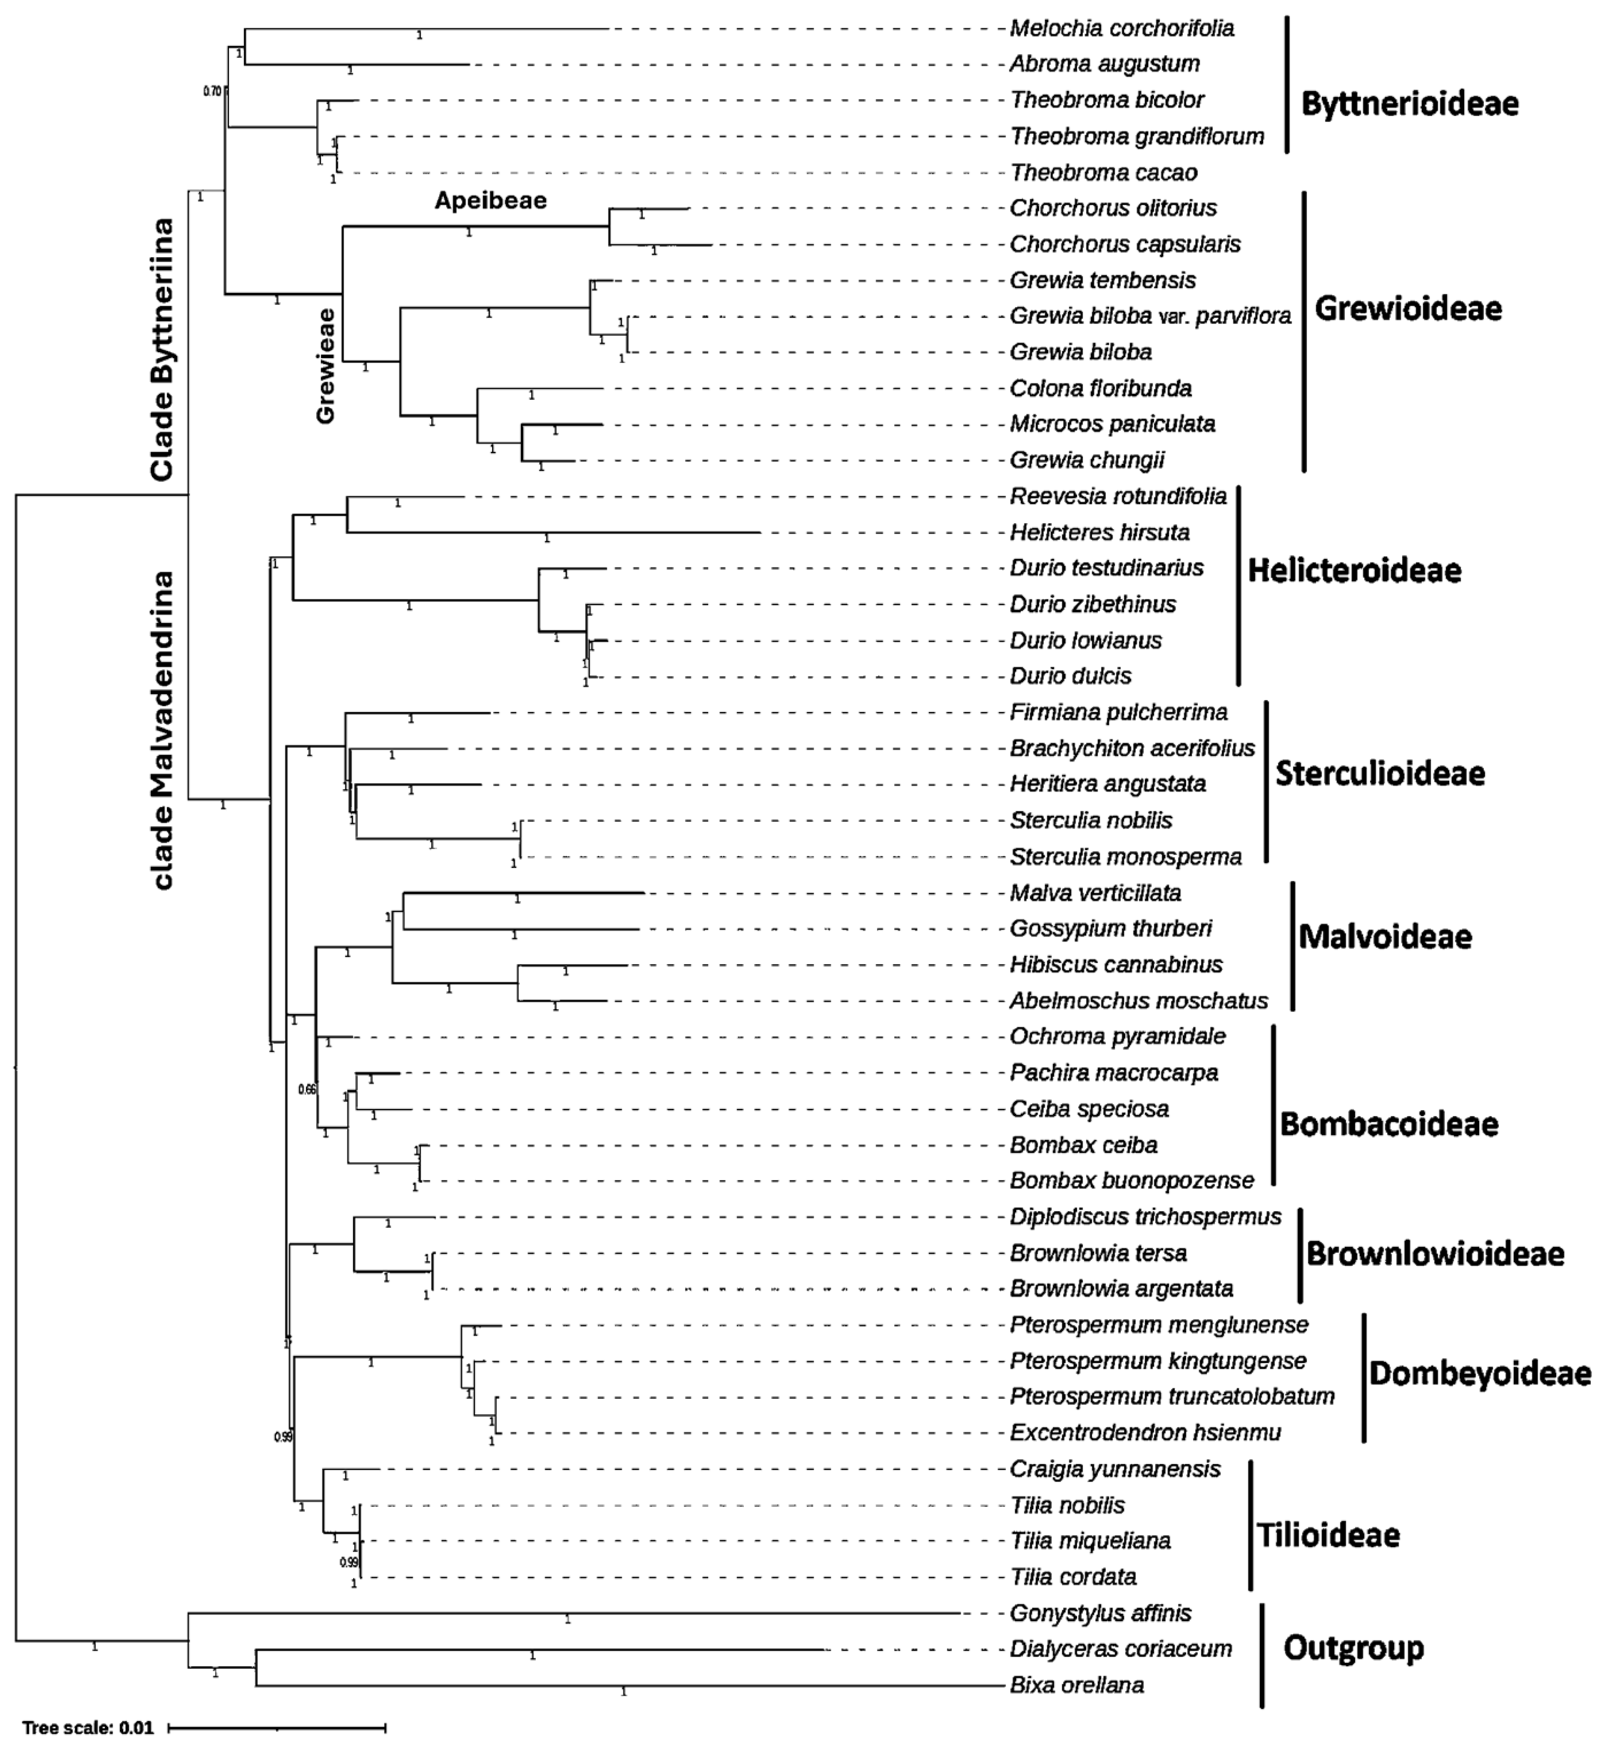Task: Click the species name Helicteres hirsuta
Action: [1099, 533]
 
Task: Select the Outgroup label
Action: [1353, 1647]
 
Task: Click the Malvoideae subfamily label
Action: [1385, 936]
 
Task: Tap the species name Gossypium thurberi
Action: [1111, 929]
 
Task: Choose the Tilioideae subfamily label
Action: [1328, 1536]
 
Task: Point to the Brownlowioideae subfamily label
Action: [1435, 1253]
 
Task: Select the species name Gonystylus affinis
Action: [1100, 1613]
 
